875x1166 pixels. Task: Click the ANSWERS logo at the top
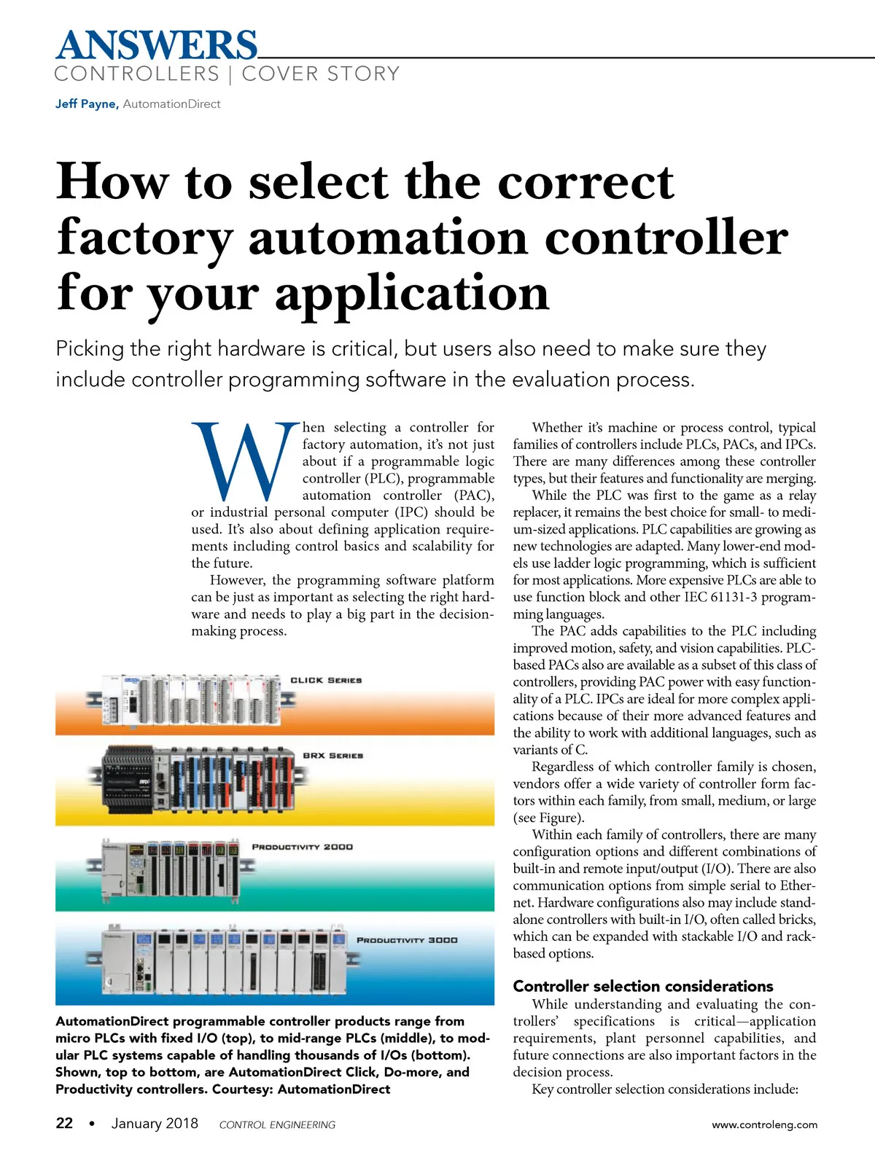pyautogui.click(x=156, y=45)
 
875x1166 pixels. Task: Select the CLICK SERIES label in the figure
pyautogui.click(x=326, y=680)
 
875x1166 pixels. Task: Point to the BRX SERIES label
pyautogui.click(x=332, y=756)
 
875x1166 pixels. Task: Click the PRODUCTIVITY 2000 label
pyautogui.click(x=302, y=847)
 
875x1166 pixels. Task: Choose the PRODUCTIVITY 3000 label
pyautogui.click(x=407, y=940)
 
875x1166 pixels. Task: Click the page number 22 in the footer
pyautogui.click(x=64, y=1123)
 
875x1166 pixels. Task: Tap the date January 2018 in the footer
pyautogui.click(x=155, y=1123)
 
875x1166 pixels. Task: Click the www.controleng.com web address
pyautogui.click(x=764, y=1124)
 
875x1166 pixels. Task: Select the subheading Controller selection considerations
pyautogui.click(x=642, y=986)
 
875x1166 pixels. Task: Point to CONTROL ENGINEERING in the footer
pyautogui.click(x=277, y=1124)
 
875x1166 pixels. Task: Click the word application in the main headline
pyautogui.click(x=412, y=294)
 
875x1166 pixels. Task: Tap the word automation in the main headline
pyautogui.click(x=388, y=238)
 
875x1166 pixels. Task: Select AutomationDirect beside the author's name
pyautogui.click(x=171, y=103)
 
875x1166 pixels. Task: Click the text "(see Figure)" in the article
pyautogui.click(x=548, y=818)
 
